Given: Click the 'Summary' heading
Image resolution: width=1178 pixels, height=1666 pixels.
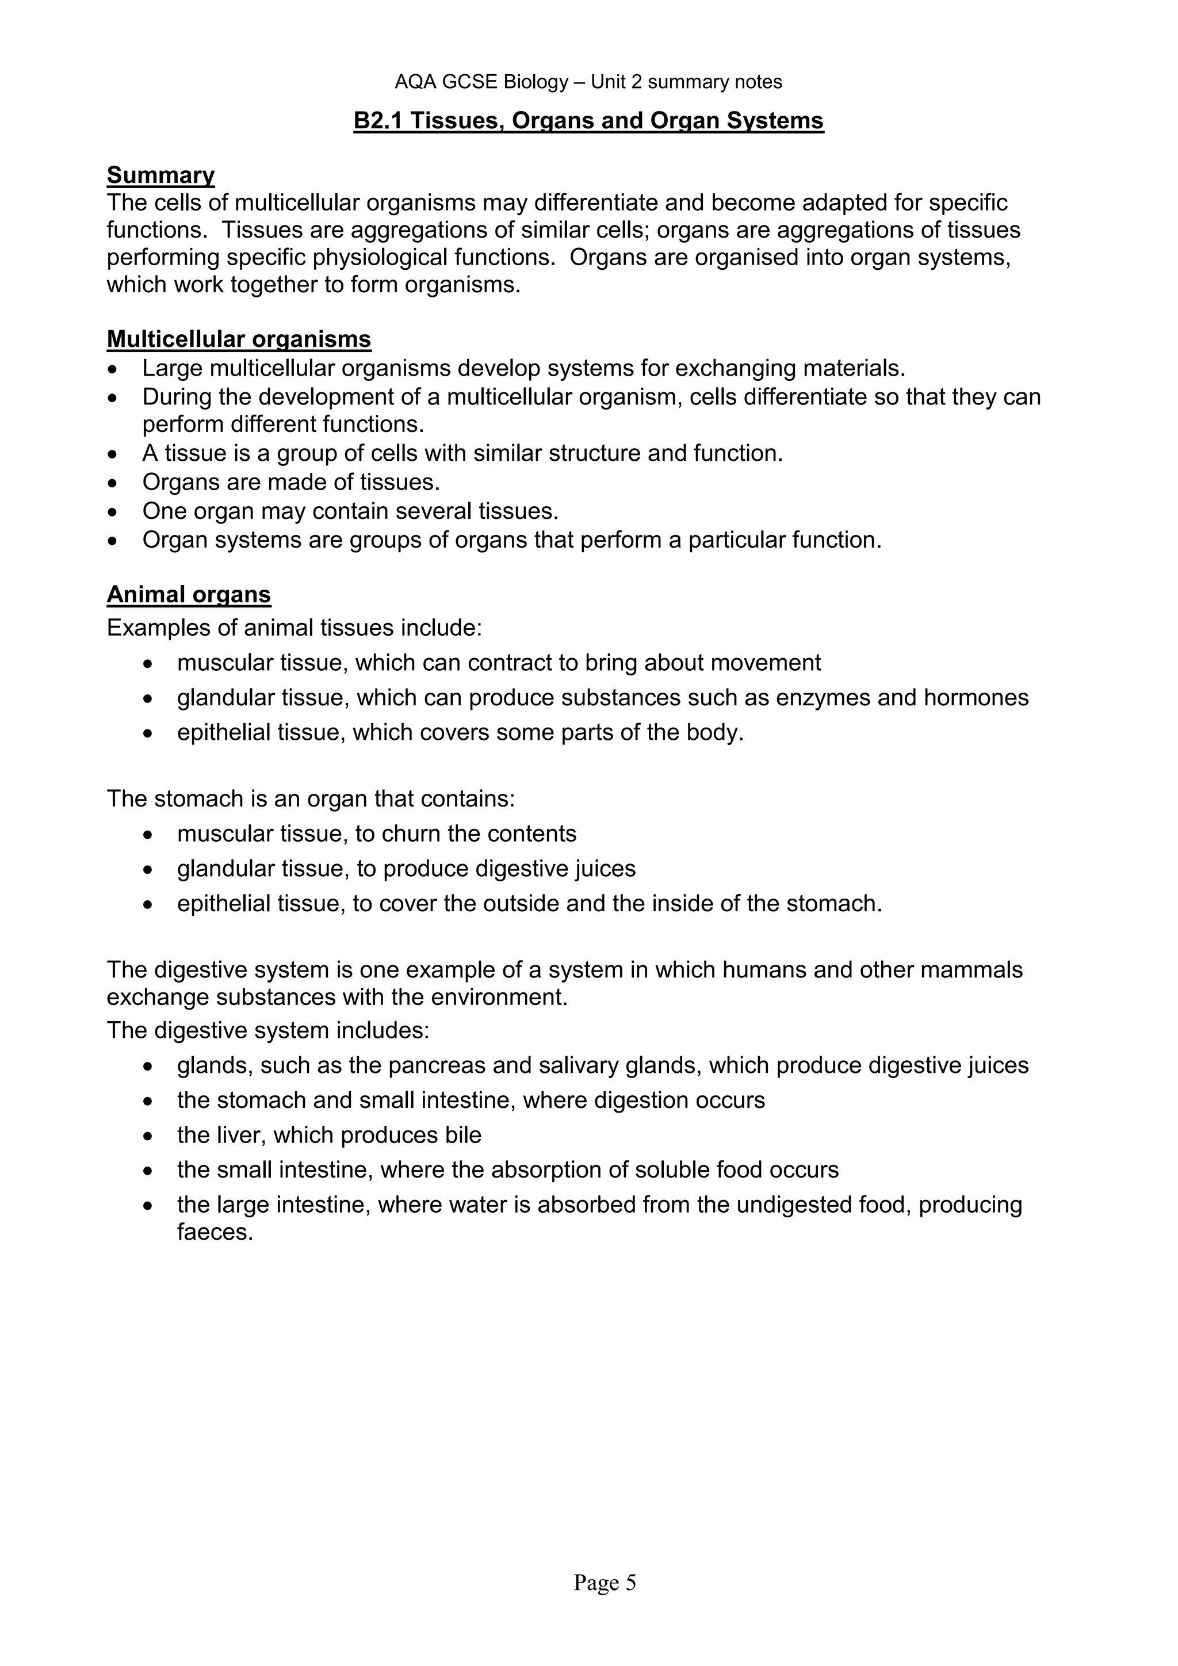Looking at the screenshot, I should click(x=160, y=175).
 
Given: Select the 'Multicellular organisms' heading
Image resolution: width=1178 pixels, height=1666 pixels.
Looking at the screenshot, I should click(x=239, y=339).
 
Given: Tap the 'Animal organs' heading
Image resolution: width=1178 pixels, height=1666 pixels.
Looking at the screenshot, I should click(x=189, y=594).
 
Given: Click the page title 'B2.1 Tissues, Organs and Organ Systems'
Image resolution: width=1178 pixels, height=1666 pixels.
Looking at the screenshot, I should click(x=588, y=120).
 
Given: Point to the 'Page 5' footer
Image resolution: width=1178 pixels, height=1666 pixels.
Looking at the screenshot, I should click(x=604, y=1582).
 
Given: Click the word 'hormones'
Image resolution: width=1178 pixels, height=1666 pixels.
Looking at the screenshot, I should click(x=976, y=698).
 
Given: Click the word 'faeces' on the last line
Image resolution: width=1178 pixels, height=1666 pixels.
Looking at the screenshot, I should click(x=214, y=1232).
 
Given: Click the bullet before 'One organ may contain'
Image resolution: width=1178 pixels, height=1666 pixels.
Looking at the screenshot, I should click(x=112, y=512).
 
